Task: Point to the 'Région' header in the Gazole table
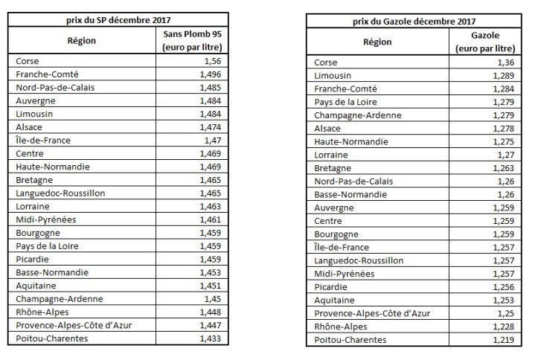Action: tap(377, 42)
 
